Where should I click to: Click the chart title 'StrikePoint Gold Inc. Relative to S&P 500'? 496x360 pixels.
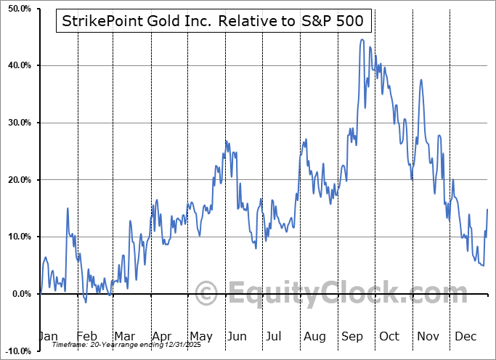(x=214, y=21)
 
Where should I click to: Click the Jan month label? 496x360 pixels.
(x=49, y=336)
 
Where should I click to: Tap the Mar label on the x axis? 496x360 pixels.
(x=125, y=336)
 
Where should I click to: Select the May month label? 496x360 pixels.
(x=201, y=336)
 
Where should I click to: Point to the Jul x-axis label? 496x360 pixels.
(x=274, y=336)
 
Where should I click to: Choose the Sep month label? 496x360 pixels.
(x=352, y=336)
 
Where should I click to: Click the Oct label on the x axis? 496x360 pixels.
(x=389, y=336)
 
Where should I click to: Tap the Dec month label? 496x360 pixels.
(x=465, y=336)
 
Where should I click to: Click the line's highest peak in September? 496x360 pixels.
(x=362, y=40)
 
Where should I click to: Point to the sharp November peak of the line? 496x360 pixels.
(x=421, y=80)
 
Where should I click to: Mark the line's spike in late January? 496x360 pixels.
(x=68, y=208)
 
